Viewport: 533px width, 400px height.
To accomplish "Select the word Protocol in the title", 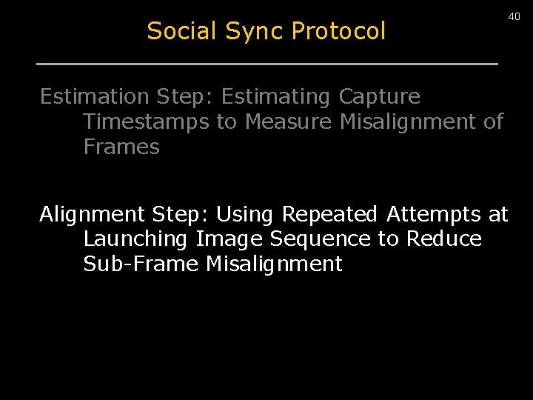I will coord(338,31).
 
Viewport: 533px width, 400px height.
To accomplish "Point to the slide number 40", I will coord(514,16).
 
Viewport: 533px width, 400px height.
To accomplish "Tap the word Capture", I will coord(379,97).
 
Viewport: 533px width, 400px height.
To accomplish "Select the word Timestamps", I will coord(146,121).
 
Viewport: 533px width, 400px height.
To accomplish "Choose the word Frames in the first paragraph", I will coord(121,147).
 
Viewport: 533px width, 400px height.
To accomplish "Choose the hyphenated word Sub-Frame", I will coord(141,264).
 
